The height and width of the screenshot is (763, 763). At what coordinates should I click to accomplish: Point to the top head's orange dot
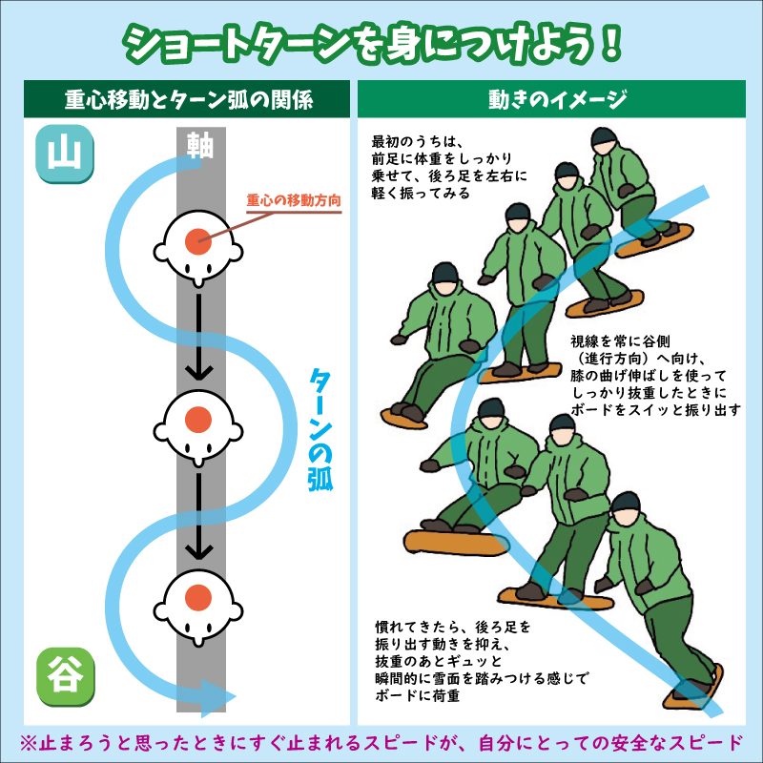coord(197,240)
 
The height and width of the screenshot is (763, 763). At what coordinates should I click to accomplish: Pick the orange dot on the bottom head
coord(197,597)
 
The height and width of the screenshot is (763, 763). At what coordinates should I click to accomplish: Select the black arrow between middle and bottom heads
coord(198,515)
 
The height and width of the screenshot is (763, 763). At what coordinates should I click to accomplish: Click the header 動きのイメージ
coord(557,99)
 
